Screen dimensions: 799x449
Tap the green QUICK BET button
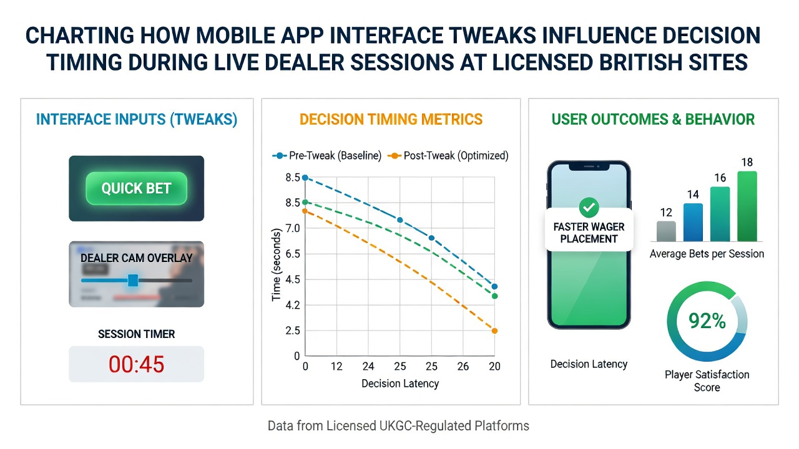[x=136, y=188]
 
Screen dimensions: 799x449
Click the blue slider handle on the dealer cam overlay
[x=133, y=281]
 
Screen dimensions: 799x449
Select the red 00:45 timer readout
[x=136, y=364]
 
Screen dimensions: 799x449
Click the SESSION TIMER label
[x=136, y=334]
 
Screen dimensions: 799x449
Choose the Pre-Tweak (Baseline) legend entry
[x=326, y=156]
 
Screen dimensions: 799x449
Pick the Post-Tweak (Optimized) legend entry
[x=448, y=156]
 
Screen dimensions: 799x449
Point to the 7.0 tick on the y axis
[x=293, y=228]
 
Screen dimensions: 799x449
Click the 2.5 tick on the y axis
[x=293, y=331]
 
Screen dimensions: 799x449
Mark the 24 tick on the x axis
[x=368, y=366]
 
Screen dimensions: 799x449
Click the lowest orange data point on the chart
[x=494, y=331]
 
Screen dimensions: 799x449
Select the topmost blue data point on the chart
[x=305, y=178]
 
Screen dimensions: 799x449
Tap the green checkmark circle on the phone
[x=589, y=208]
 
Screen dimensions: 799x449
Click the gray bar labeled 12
[x=666, y=231]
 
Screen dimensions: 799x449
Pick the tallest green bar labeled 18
[x=747, y=206]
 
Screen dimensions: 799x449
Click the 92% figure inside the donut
[x=707, y=321]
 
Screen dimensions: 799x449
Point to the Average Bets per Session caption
[x=707, y=254]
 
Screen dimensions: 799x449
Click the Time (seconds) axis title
[x=277, y=265]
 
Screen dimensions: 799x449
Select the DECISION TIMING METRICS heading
[x=391, y=119]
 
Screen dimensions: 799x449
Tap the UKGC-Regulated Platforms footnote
[x=454, y=426]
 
